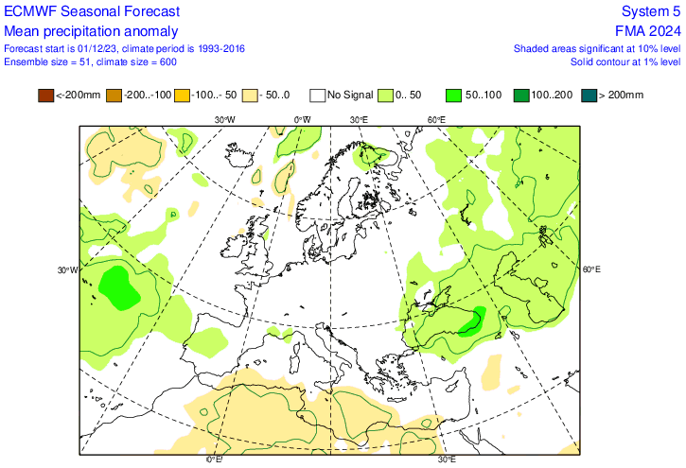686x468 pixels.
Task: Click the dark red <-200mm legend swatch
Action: tap(45, 95)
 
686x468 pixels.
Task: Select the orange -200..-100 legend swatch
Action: tap(114, 95)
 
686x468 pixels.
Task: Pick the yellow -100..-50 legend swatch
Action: tap(183, 95)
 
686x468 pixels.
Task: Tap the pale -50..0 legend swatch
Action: tap(251, 95)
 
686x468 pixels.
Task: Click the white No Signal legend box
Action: tap(319, 95)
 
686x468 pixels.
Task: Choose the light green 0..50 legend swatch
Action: tap(387, 95)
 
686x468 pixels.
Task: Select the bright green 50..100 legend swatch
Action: tap(455, 95)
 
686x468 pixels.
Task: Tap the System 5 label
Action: tap(650, 11)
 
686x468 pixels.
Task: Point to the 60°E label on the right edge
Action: tap(590, 269)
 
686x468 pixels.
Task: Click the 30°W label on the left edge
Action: tap(68, 270)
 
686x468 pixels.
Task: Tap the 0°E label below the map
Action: tap(215, 460)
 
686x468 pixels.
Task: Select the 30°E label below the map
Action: tap(448, 460)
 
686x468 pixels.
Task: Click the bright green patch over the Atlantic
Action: tap(117, 287)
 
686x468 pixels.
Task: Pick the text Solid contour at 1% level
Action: tap(625, 61)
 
